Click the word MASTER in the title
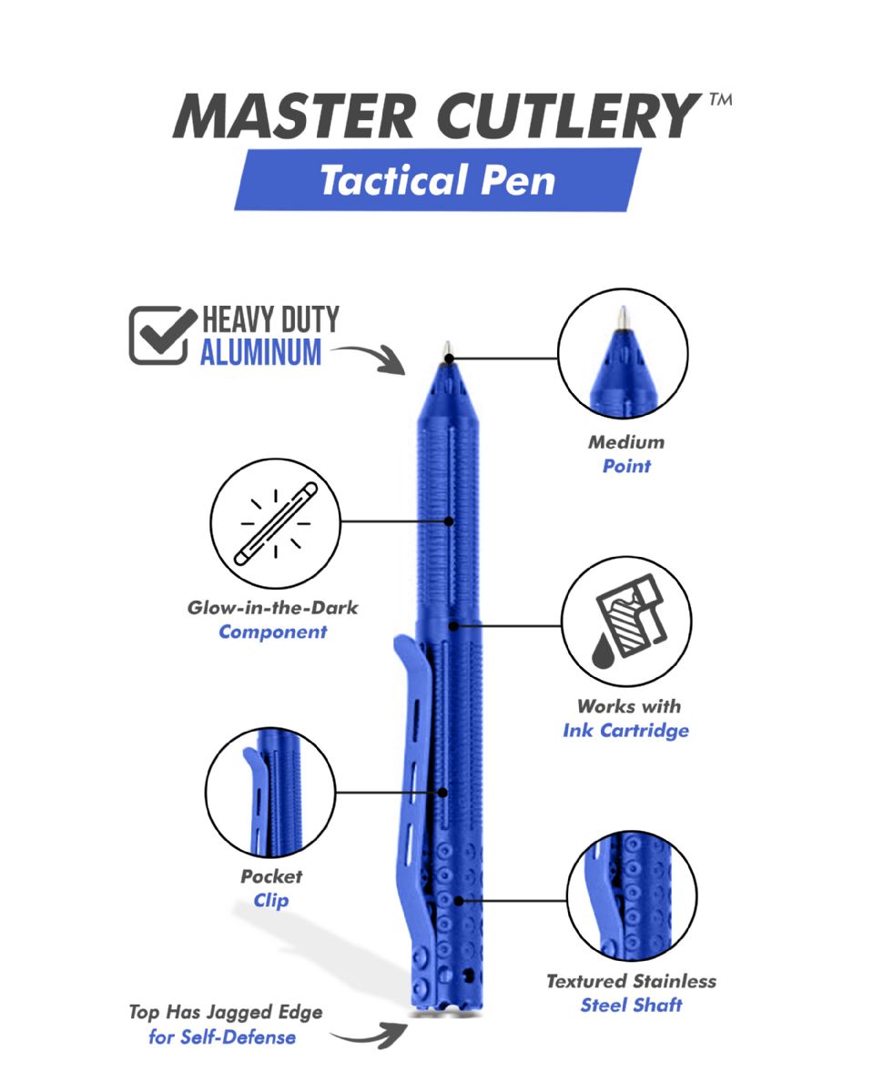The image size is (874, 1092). click(x=293, y=116)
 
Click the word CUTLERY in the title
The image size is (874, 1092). click(x=568, y=116)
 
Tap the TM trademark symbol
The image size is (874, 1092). click(x=721, y=99)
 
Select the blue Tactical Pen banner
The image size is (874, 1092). click(x=438, y=179)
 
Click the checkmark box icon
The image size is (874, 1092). click(x=163, y=335)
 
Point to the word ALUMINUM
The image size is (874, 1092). click(x=261, y=352)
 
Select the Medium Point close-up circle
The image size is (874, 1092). click(x=623, y=354)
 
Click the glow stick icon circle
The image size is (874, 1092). click(x=276, y=524)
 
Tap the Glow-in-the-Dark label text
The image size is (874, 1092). click(x=273, y=607)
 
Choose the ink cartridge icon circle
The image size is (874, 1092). click(x=626, y=622)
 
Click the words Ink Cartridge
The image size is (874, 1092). click(x=626, y=730)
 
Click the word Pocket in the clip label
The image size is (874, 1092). click(x=271, y=876)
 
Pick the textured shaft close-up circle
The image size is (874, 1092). click(x=632, y=896)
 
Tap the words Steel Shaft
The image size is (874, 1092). click(x=631, y=1005)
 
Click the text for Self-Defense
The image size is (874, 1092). click(x=222, y=1036)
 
